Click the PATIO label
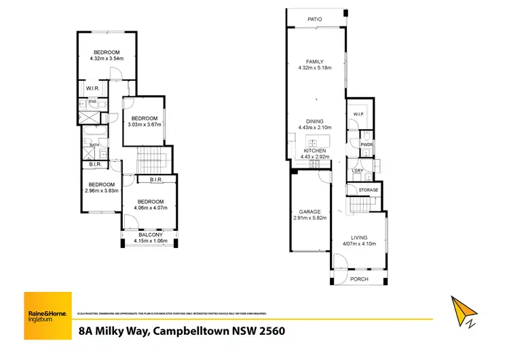(x=314, y=19)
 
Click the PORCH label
(x=359, y=278)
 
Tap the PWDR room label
(x=366, y=145)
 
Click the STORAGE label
(x=369, y=190)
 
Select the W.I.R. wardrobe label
(x=93, y=88)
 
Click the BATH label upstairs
(x=94, y=145)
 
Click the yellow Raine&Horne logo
(x=47, y=314)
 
